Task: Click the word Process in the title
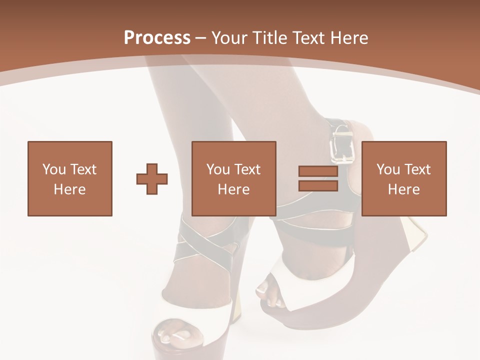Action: pyautogui.click(x=157, y=37)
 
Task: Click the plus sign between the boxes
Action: pyautogui.click(x=152, y=179)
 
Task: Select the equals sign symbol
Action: pyautogui.click(x=318, y=178)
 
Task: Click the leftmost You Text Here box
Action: pyautogui.click(x=70, y=178)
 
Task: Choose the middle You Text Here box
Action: pyautogui.click(x=234, y=178)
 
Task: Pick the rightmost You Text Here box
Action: pyautogui.click(x=404, y=178)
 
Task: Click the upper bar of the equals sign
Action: pyautogui.click(x=318, y=171)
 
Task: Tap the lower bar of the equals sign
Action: pyautogui.click(x=318, y=186)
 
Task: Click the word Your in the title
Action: pyautogui.click(x=228, y=37)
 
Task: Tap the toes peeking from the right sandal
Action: pyautogui.click(x=270, y=295)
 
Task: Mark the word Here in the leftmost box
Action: pyautogui.click(x=70, y=189)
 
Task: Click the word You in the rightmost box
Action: pyautogui.click(x=388, y=169)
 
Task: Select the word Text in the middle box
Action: pyautogui.click(x=247, y=169)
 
